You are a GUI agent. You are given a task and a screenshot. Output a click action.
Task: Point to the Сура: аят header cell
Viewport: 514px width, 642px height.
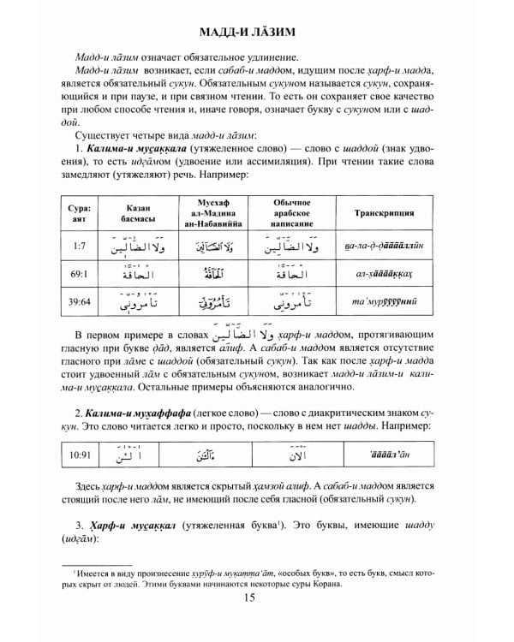click(74, 213)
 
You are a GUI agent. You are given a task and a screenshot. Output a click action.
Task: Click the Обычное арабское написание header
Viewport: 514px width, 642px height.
click(291, 213)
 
